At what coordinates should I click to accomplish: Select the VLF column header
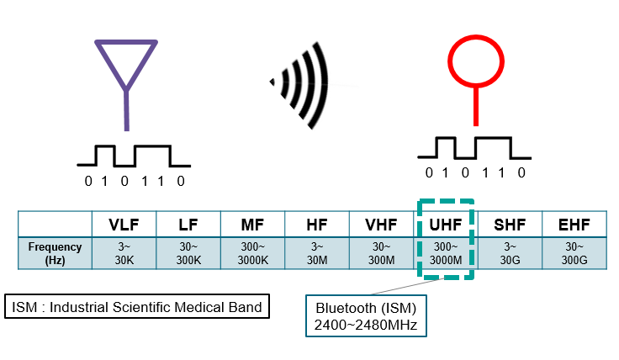pos(124,225)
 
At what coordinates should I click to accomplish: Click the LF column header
pos(188,225)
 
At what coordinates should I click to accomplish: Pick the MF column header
pos(252,225)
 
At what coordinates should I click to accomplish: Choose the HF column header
pos(317,225)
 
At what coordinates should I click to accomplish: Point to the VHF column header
pos(382,225)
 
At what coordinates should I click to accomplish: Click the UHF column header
pos(446,225)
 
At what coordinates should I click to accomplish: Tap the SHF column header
pos(510,225)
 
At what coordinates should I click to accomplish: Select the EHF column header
pos(574,225)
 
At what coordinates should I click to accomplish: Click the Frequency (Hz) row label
pos(56,254)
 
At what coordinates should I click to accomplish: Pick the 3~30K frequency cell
pos(124,254)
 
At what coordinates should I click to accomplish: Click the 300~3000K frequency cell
pos(252,254)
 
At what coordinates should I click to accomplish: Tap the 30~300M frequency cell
pos(382,254)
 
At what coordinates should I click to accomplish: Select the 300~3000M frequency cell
pos(446,254)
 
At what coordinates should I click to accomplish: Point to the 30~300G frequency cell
pos(574,254)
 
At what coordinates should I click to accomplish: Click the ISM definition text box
pos(137,306)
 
